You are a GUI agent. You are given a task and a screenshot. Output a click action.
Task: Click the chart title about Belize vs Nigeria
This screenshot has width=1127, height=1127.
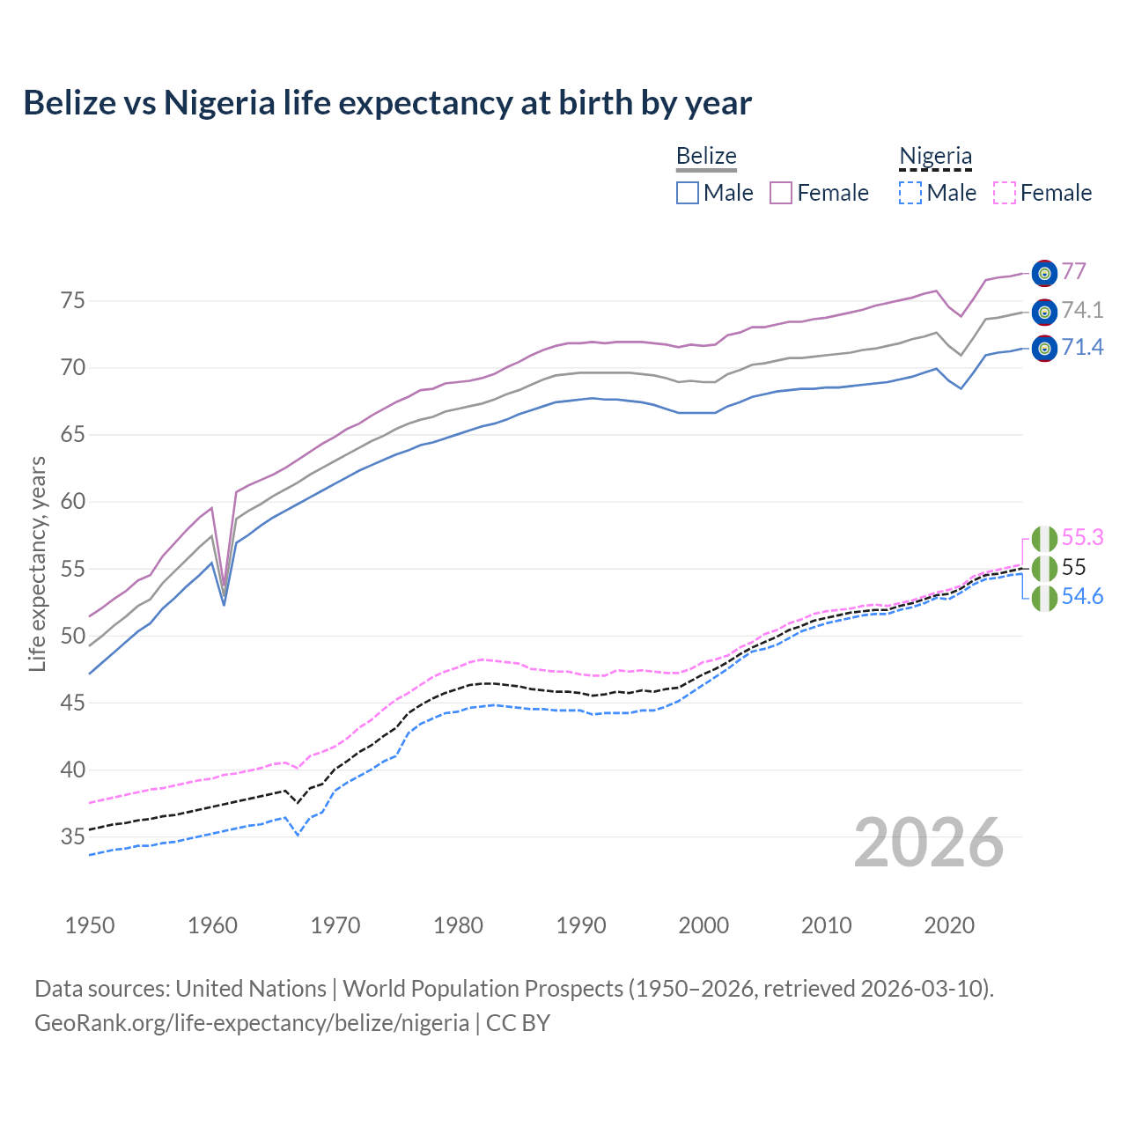387,103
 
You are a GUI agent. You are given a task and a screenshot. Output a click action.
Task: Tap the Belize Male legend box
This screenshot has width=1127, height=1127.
688,193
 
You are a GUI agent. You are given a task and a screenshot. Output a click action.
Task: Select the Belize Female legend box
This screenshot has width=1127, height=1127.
781,193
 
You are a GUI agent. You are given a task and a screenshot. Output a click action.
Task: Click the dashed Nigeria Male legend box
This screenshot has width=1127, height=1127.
910,193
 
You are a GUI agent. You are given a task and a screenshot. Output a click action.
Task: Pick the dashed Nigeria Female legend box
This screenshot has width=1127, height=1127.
1005,193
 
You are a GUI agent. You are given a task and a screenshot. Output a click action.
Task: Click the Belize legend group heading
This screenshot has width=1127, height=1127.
706,156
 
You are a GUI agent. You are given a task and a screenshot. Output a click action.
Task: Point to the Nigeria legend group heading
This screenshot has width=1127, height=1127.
935,156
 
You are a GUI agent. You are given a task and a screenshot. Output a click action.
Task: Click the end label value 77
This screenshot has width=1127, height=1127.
1073,271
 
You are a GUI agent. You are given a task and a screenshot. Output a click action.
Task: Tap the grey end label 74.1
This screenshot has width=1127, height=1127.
1082,310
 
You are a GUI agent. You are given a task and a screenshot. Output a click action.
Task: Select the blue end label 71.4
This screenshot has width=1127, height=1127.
1082,348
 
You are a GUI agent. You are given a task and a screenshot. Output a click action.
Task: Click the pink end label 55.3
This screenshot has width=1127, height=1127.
1082,537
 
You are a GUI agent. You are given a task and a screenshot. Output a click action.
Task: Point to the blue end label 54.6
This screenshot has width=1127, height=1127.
1082,597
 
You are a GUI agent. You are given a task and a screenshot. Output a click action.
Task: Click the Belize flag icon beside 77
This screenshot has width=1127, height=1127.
1044,274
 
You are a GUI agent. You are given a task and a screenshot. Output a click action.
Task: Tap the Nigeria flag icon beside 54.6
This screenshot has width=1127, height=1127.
1044,599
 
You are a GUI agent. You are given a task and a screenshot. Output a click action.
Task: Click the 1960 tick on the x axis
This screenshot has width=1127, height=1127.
213,925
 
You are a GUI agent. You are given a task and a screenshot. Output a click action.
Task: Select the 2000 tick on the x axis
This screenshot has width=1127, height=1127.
703,925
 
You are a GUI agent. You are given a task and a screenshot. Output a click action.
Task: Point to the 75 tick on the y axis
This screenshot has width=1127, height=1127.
72,301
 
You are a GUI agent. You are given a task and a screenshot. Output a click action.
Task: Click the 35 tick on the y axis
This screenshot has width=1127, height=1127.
72,837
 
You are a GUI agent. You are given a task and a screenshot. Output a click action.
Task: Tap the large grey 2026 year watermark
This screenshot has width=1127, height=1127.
929,843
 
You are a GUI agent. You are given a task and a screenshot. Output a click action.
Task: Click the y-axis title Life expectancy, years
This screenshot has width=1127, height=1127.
37,563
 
